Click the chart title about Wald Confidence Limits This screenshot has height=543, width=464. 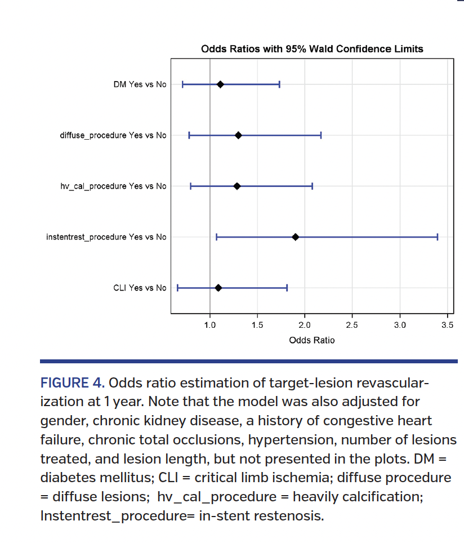coord(312,49)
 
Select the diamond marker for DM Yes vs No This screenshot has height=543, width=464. coord(220,84)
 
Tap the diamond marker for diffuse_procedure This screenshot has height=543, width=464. coord(238,135)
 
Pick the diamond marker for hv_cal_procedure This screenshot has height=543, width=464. coord(237,186)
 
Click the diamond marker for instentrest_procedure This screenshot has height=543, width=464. coord(295,237)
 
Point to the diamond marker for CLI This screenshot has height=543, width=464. coord(218,288)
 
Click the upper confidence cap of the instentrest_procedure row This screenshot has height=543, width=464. coord(438,237)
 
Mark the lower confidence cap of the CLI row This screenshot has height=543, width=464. coord(178,288)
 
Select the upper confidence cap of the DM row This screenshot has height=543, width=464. coord(279,84)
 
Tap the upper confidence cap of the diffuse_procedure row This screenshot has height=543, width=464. coord(321,135)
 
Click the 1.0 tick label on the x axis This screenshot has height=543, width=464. coord(209,325)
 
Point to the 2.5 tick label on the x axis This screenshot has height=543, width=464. coord(352,325)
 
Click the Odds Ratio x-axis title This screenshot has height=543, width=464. coord(311,340)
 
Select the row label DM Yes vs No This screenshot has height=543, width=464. coord(140,84)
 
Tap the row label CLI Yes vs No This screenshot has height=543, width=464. coord(140,288)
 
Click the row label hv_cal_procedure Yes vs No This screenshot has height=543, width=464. coord(113,186)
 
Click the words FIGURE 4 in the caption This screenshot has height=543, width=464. coord(72,384)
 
